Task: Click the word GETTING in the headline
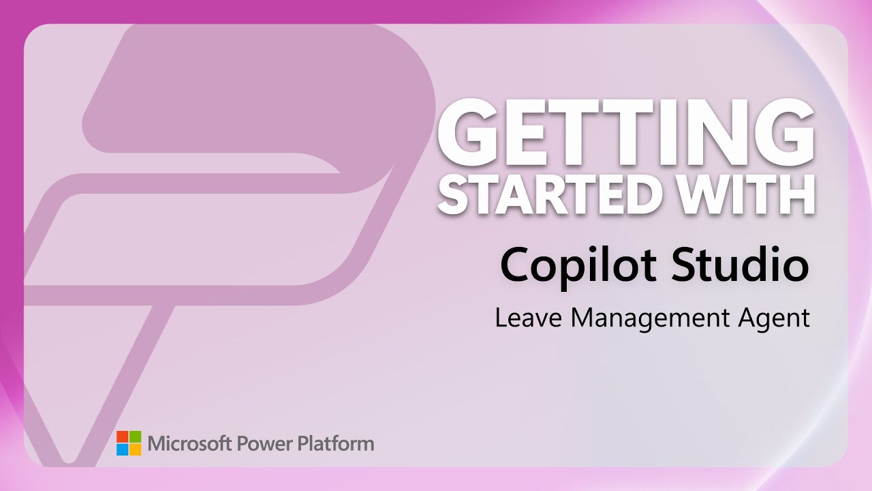[x=626, y=132]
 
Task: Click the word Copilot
[x=578, y=265]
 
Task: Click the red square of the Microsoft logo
[x=122, y=436]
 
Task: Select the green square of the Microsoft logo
[x=135, y=436]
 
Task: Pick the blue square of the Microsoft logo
[x=122, y=449]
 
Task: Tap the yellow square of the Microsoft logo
[x=135, y=449]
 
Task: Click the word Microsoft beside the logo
[x=190, y=443]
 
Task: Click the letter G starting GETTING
[x=465, y=132]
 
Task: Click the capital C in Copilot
[x=516, y=265]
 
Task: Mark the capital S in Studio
[x=683, y=265]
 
